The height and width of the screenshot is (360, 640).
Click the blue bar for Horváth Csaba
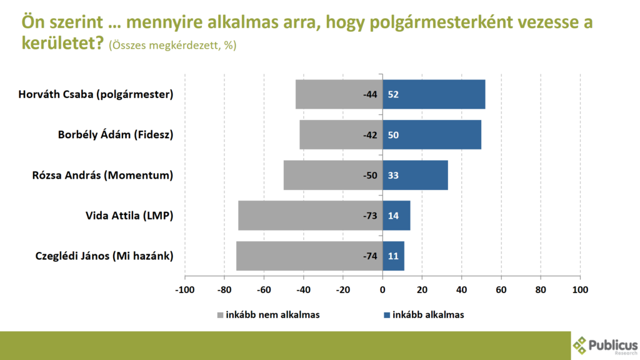click(434, 95)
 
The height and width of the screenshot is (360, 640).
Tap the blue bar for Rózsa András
click(415, 176)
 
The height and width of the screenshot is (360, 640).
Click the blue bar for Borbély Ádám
click(432, 135)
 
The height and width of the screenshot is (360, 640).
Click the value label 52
click(393, 95)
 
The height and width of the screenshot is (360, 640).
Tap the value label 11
click(393, 256)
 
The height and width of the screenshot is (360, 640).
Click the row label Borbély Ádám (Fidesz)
click(115, 135)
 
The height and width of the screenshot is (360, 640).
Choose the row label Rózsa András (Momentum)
click(102, 176)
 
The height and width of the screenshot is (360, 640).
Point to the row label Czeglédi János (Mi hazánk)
click(103, 256)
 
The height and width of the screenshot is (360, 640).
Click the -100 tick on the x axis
click(185, 289)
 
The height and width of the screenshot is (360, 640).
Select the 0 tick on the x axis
click(382, 289)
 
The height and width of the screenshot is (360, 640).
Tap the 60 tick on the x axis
click(501, 289)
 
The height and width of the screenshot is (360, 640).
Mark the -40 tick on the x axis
click(303, 289)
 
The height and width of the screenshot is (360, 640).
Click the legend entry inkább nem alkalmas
click(269, 315)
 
